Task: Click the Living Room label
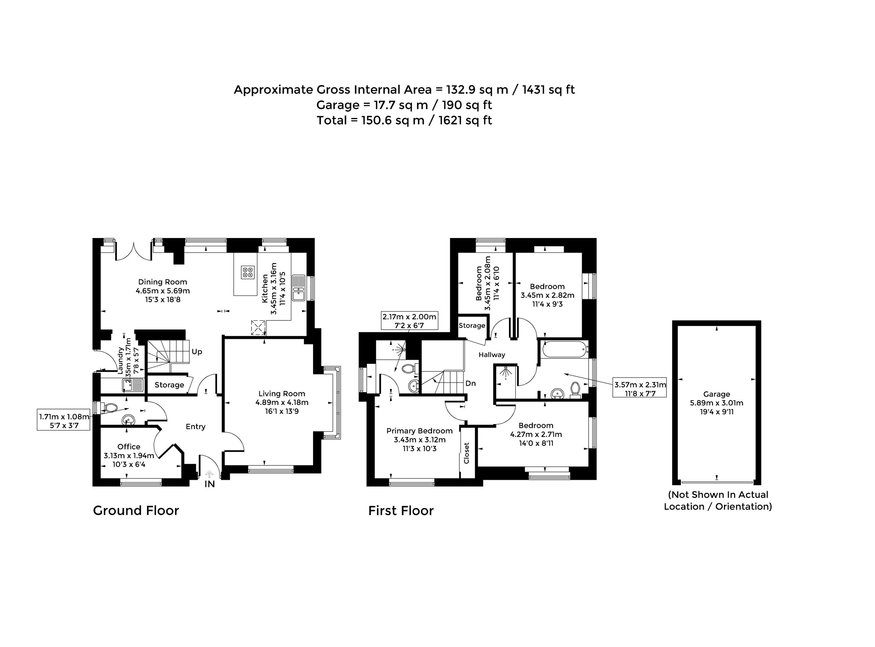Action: (x=282, y=394)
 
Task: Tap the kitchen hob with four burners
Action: (x=248, y=272)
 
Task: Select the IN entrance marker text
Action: (x=210, y=484)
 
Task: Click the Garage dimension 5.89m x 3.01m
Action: (x=716, y=403)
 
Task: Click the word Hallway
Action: (x=492, y=355)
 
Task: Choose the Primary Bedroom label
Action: (x=420, y=431)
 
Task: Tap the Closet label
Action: (x=467, y=453)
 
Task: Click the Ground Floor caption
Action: (x=136, y=511)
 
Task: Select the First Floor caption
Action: (x=401, y=511)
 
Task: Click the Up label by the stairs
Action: (x=197, y=352)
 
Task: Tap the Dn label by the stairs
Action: (x=471, y=383)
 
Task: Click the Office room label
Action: (x=129, y=447)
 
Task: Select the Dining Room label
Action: (x=163, y=282)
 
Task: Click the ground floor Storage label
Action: (x=169, y=385)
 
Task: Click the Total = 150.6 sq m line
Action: (x=404, y=120)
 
